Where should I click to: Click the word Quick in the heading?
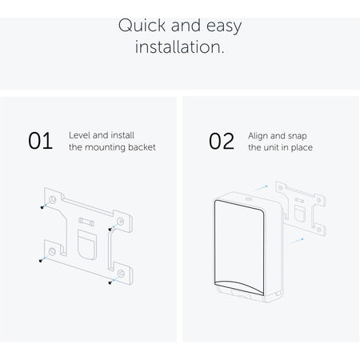point(142,26)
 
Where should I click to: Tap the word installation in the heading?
point(179,47)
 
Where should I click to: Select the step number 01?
point(40,141)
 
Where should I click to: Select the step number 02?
point(222,141)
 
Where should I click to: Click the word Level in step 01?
point(79,135)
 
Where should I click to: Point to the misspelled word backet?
point(142,147)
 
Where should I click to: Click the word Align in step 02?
point(258,136)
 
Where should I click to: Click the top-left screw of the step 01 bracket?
point(42,207)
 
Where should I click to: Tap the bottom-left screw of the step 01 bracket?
point(41,261)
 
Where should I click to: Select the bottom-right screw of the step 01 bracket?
point(110,282)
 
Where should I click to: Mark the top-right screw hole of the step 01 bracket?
point(121,222)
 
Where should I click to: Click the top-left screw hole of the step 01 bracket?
point(52,199)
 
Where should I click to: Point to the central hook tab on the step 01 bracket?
point(87,245)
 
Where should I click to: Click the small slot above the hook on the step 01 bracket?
point(86,222)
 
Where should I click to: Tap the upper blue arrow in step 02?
point(260,188)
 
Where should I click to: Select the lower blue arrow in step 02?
point(297,242)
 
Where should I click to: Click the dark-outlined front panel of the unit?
point(239,247)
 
